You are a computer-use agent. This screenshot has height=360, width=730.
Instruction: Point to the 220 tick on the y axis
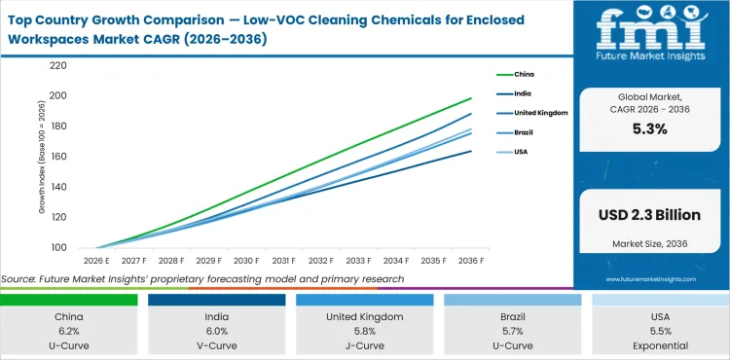(57, 66)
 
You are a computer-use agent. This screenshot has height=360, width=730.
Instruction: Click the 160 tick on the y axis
(57, 157)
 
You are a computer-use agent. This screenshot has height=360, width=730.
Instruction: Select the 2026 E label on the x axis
(95, 261)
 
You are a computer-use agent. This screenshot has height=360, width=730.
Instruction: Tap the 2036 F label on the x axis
(471, 261)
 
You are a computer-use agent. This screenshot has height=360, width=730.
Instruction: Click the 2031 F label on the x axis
(283, 261)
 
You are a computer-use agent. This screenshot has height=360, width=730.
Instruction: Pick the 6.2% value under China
(69, 332)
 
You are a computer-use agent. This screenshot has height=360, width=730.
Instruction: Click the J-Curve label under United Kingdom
(366, 345)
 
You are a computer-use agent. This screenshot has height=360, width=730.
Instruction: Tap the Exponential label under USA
(661, 345)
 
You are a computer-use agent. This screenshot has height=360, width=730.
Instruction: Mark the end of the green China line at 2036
(471, 98)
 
